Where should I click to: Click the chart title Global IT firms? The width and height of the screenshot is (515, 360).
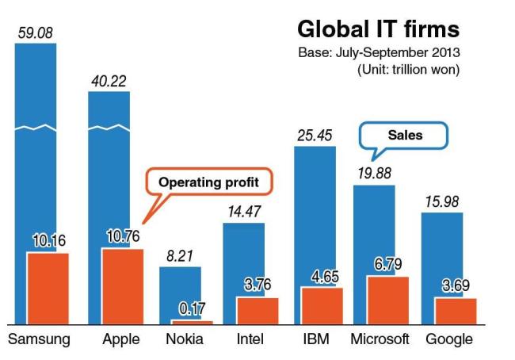click(x=379, y=29)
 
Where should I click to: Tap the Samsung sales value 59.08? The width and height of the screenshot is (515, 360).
click(x=36, y=33)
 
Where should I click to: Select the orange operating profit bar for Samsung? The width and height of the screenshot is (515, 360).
click(x=48, y=289)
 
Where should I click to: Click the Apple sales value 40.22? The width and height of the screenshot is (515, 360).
click(x=109, y=81)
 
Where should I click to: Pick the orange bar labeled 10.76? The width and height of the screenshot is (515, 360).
click(x=123, y=287)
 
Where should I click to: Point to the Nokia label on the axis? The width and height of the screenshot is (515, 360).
click(x=185, y=339)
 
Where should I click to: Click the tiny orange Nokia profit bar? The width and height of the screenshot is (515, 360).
click(x=193, y=323)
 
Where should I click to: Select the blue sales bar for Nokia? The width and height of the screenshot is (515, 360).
click(x=181, y=293)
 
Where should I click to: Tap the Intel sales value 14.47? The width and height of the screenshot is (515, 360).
click(x=244, y=212)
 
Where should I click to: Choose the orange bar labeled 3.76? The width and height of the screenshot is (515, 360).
click(x=257, y=311)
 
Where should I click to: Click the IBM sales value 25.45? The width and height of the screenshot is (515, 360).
click(x=315, y=136)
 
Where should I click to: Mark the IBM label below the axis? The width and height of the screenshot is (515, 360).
click(x=316, y=339)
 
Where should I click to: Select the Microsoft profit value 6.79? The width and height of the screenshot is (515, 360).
click(x=388, y=264)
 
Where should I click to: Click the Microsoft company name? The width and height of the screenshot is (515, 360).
click(x=380, y=339)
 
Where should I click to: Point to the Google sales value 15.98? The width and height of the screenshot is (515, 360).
click(x=442, y=201)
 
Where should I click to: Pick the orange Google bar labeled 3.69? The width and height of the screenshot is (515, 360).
click(x=456, y=312)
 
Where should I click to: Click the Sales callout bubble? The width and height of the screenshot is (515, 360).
click(x=404, y=136)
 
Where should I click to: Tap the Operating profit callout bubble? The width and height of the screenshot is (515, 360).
click(x=209, y=182)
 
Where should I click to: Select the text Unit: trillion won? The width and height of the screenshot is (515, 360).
click(x=408, y=69)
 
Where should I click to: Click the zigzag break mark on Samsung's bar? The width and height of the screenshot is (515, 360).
click(x=36, y=128)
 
